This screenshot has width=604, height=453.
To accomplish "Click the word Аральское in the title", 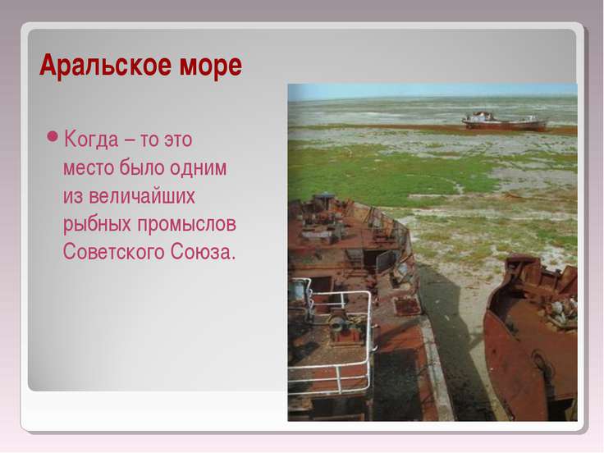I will pos(98,66).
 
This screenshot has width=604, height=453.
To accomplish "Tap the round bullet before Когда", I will pos(53,137).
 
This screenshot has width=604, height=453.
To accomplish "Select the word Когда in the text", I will pos(90,138).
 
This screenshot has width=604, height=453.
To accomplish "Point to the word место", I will pos(88,167).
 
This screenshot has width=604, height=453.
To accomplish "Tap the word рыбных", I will pos(92,225).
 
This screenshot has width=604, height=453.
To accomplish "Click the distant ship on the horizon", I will pos(504,121).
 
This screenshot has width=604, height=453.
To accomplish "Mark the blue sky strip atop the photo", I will pos(432,90).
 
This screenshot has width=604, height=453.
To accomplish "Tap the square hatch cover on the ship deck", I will pos(407,306).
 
